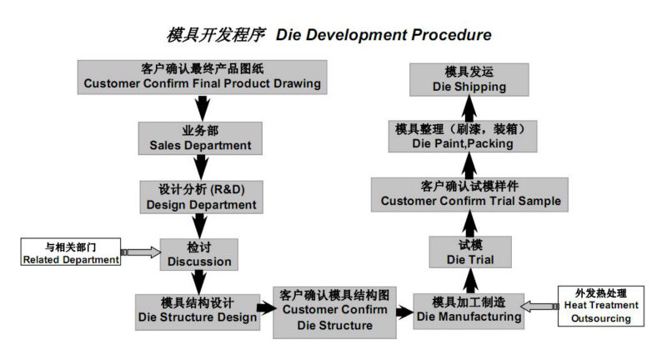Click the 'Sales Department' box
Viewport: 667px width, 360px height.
(x=200, y=138)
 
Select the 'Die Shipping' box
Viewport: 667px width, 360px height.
(x=469, y=80)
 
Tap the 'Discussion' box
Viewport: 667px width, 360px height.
(x=199, y=254)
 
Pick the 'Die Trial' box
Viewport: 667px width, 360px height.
(x=470, y=252)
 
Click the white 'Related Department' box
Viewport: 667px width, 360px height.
(x=71, y=252)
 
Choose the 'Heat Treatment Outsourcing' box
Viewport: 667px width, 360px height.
(x=600, y=306)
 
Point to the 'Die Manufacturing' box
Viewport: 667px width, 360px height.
(x=469, y=311)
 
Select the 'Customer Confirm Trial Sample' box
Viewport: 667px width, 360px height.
(x=469, y=195)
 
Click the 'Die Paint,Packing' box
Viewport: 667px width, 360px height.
(x=463, y=137)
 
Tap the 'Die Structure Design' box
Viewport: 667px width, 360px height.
(x=198, y=312)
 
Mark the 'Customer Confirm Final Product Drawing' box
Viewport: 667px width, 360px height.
(x=202, y=77)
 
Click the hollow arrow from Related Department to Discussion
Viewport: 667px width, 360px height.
(x=141, y=252)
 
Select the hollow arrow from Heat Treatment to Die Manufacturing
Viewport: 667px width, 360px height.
(x=539, y=306)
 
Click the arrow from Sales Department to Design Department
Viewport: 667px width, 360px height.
(x=200, y=167)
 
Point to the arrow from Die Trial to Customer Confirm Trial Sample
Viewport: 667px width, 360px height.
(x=469, y=224)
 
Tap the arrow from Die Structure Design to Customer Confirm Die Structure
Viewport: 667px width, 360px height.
(x=266, y=308)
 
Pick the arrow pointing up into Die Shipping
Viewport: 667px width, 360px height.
(x=469, y=108)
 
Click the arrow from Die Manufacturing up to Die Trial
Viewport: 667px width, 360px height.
(x=470, y=281)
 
